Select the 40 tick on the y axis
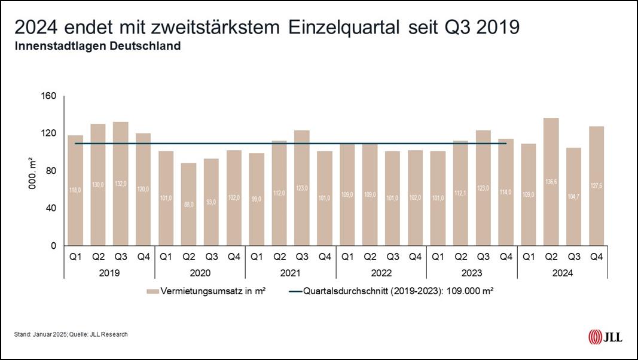51,208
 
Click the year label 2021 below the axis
291,273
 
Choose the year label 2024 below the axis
562,273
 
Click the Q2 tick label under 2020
189,257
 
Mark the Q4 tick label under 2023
506,257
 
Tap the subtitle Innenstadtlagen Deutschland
97,46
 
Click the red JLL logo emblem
596,337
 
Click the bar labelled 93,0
212,202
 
